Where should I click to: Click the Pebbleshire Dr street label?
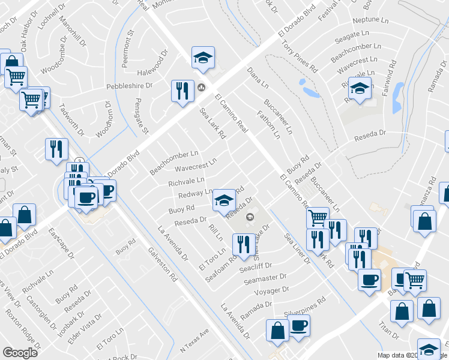[x=129, y=86]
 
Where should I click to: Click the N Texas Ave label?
[x=194, y=341]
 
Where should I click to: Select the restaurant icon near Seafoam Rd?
[x=243, y=244]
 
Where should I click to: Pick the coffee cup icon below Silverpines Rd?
[x=299, y=328]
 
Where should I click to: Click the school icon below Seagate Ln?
[x=360, y=88]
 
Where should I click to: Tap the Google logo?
[x=20, y=353]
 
